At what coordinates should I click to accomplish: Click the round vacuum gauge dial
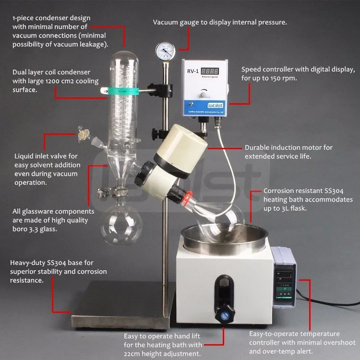tap(165, 51)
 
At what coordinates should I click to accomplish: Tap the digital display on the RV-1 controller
tap(210, 71)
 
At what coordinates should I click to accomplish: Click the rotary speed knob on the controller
tap(204, 94)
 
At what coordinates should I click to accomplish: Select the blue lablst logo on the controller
tap(215, 106)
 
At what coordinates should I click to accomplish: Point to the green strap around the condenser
tap(123, 91)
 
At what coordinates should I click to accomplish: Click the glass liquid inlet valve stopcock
tap(84, 134)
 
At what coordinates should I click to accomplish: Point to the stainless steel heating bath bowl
tap(224, 239)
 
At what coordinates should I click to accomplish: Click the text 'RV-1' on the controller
tap(193, 71)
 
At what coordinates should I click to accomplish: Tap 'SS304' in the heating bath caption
tap(334, 191)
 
